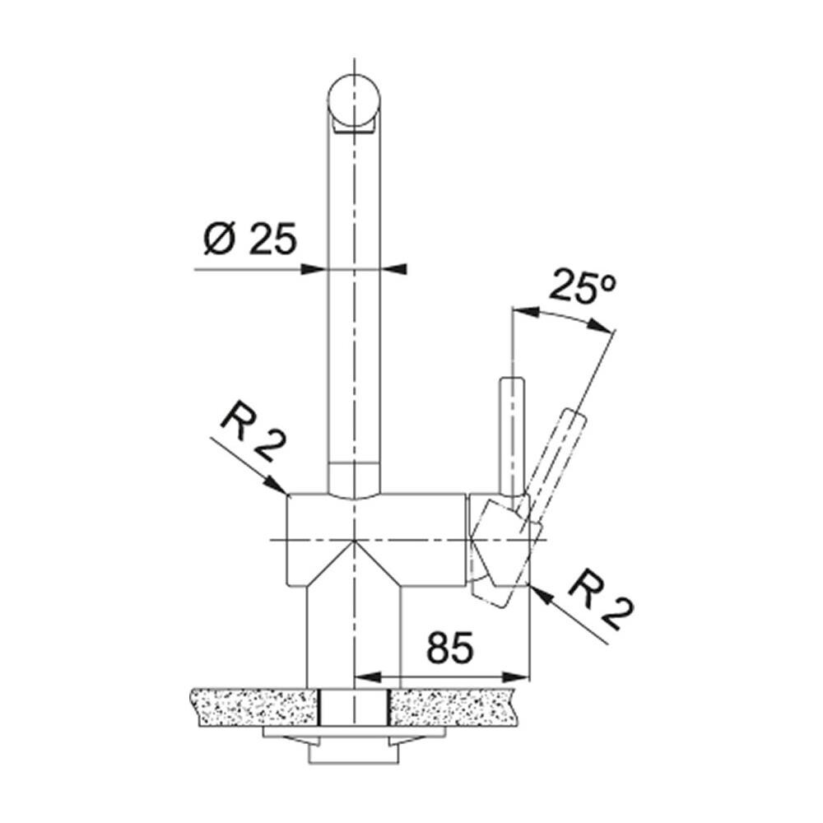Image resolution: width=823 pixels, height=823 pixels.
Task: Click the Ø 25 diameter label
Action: [250, 239]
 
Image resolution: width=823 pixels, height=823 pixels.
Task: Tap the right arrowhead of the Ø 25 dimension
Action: [393, 269]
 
